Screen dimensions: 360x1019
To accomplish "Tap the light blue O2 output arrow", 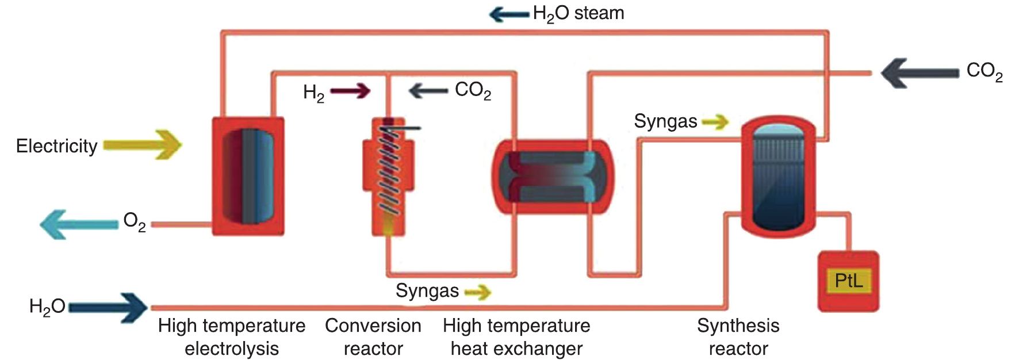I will point(78,224).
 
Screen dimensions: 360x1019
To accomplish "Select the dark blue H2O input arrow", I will point(109,308).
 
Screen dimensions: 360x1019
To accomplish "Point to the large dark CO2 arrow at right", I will point(919,73).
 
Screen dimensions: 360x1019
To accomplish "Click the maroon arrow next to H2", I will point(350,91).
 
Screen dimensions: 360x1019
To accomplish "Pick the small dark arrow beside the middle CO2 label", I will point(428,91).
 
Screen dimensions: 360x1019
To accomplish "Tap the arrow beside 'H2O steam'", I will point(509,14).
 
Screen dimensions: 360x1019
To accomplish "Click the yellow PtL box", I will point(848,281).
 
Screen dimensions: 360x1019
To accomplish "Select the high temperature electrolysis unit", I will point(248,176).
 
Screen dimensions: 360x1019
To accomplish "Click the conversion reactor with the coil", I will point(388,176).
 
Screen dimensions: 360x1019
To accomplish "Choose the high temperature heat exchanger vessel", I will point(553,177).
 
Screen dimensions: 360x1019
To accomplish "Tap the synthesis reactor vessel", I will point(777,177).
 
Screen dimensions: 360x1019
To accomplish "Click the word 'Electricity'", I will point(56,146).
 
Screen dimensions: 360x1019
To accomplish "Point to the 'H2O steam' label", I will point(579,14).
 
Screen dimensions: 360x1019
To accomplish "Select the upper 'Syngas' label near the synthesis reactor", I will point(665,121).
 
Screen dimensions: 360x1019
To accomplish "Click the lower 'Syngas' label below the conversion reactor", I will point(427,291).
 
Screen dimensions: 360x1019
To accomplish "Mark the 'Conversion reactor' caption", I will point(373,337).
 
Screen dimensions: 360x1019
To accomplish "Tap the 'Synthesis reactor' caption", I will point(738,337).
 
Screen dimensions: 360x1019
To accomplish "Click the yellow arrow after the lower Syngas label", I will point(478,293).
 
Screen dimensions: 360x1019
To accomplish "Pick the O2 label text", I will point(134,221).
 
